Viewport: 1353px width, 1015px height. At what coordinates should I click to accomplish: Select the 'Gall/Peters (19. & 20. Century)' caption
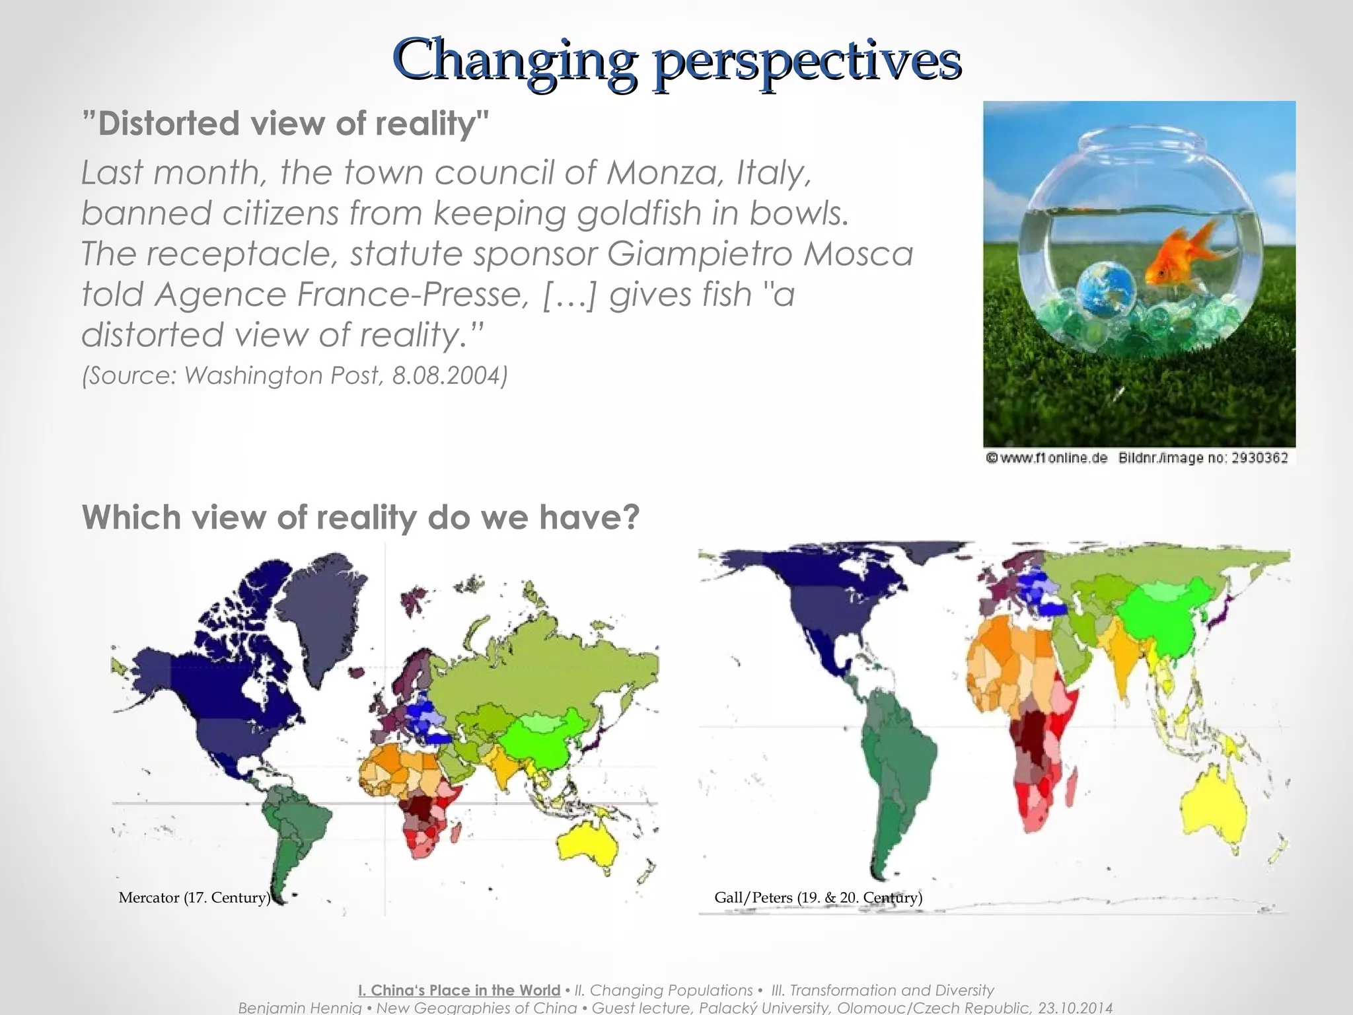[x=818, y=897]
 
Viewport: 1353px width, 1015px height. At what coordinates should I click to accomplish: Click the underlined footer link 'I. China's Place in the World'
[x=459, y=990]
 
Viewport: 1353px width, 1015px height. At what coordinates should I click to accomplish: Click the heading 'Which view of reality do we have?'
[x=361, y=517]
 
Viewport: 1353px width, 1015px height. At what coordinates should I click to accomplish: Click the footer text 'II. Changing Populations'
[x=663, y=990]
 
